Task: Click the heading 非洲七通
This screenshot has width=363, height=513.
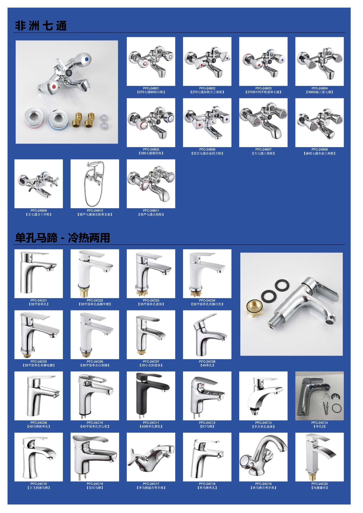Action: [41, 26]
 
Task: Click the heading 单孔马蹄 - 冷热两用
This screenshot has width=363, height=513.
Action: [62, 238]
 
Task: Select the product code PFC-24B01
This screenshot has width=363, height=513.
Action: [151, 88]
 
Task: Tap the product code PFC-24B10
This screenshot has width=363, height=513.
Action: [95, 211]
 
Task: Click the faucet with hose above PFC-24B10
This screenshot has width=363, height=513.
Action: [94, 183]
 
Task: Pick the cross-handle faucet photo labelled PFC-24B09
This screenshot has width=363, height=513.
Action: [39, 184]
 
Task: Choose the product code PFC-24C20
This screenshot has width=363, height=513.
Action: [320, 484]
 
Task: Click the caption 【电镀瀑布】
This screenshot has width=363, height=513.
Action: [320, 488]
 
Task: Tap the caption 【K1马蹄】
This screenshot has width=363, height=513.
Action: [207, 426]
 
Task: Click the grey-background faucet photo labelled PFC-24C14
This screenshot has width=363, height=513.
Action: [320, 396]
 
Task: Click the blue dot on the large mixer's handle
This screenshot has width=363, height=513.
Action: [86, 59]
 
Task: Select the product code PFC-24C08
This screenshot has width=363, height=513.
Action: [207, 361]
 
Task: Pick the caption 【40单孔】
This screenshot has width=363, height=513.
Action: [207, 365]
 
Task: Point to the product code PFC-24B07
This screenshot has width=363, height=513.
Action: [263, 149]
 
